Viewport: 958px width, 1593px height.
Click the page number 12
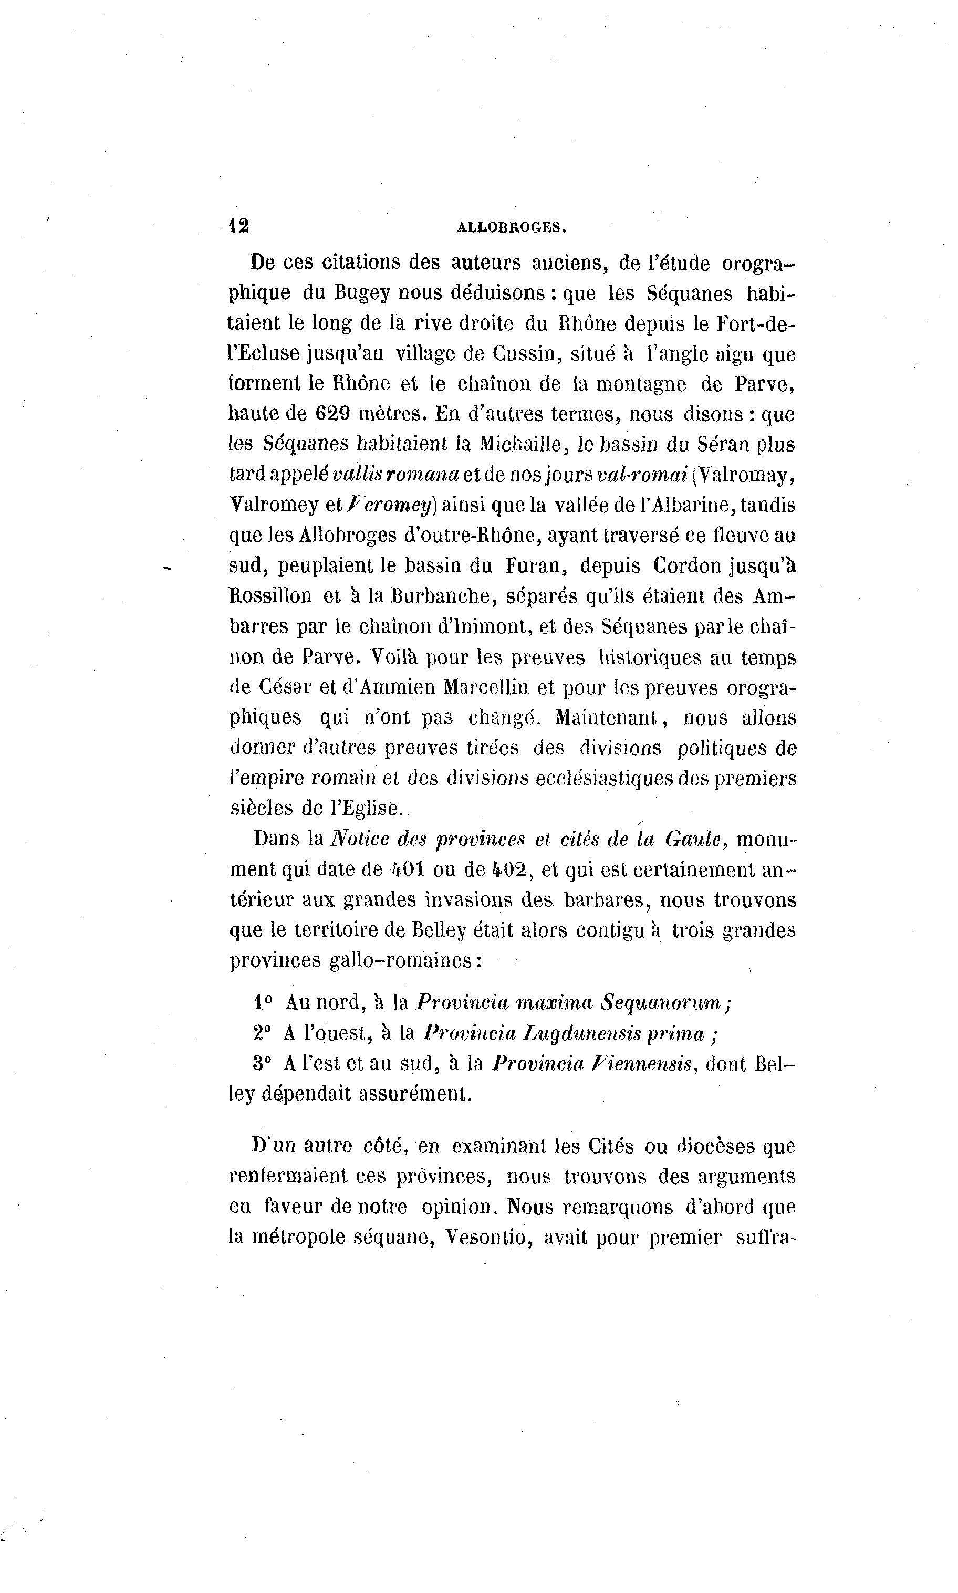pyautogui.click(x=240, y=226)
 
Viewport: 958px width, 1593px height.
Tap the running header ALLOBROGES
pyautogui.click(x=511, y=227)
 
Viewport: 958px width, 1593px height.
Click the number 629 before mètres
pyautogui.click(x=332, y=414)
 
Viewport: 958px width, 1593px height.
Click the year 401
pyautogui.click(x=407, y=869)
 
